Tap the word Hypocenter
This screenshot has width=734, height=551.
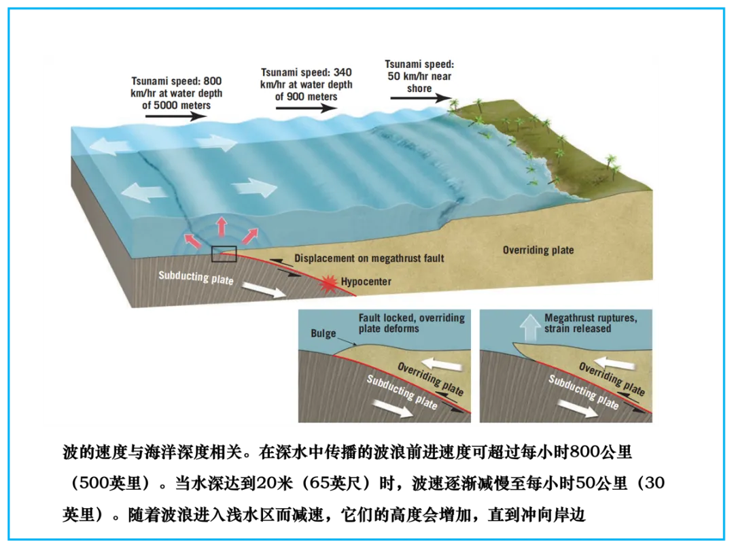[366, 282]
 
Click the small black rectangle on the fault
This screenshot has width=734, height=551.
[224, 254]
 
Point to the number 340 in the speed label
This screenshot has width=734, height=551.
[342, 72]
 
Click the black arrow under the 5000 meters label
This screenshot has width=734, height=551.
[175, 116]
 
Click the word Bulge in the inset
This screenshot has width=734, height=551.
[324, 333]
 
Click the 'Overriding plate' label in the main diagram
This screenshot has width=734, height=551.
[538, 250]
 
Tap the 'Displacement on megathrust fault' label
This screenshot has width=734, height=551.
[369, 258]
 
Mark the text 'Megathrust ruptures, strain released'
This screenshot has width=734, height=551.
[590, 323]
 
